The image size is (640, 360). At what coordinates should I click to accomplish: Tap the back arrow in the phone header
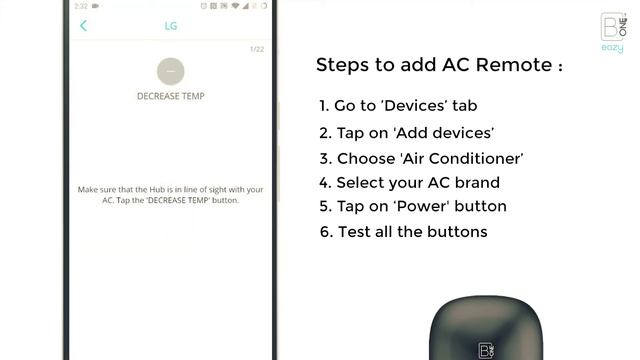coord(83,26)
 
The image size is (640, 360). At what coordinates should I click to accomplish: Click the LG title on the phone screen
coord(171,26)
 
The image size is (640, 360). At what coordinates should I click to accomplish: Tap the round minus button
coord(171,71)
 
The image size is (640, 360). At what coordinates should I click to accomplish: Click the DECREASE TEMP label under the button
coord(171,96)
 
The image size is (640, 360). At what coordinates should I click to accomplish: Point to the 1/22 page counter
coord(257,49)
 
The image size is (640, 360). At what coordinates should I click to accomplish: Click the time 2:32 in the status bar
coord(81,6)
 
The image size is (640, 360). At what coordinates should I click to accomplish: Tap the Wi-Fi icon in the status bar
coord(235,6)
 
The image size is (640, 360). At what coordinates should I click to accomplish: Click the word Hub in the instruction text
coord(157,189)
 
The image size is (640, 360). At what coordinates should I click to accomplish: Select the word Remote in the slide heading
coord(513,64)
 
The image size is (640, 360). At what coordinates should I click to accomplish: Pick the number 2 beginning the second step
coord(325,133)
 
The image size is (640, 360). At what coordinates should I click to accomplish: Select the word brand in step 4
coord(478,182)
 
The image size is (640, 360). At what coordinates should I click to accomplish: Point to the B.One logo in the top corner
coord(613,27)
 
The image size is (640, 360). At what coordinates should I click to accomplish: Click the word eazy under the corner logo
coord(612,48)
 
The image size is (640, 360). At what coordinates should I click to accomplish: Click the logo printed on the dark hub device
coord(486,351)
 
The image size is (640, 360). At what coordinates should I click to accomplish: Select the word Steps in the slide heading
coord(342,65)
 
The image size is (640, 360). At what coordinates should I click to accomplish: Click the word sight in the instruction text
coord(218,190)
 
